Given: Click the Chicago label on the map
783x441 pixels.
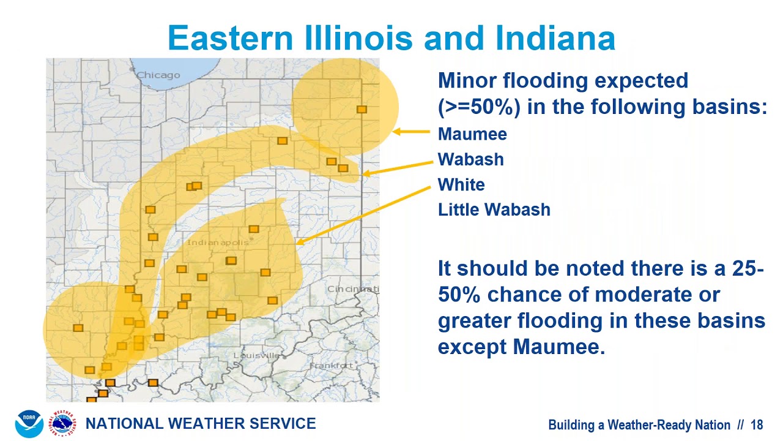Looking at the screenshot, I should click(158, 75).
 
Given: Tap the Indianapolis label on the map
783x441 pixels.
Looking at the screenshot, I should click(218, 243).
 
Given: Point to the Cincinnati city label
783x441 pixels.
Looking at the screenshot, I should click(354, 289).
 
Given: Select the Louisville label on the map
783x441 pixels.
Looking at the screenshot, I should click(256, 355).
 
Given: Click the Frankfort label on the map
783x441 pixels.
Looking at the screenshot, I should click(332, 366).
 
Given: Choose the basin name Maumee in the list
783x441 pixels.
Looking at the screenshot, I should click(472, 134).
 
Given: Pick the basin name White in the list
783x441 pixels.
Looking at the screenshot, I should click(461, 184).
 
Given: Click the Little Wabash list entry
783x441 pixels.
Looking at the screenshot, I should click(494, 210).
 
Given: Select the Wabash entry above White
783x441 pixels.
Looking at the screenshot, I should click(471, 159).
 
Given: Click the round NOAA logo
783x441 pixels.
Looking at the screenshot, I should click(29, 424).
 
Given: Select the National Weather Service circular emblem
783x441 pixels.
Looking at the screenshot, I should click(64, 424).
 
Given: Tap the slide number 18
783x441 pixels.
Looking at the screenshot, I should click(757, 425).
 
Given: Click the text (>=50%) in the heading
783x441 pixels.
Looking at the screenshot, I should click(479, 107).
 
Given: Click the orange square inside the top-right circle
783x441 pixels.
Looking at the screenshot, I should click(362, 109).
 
